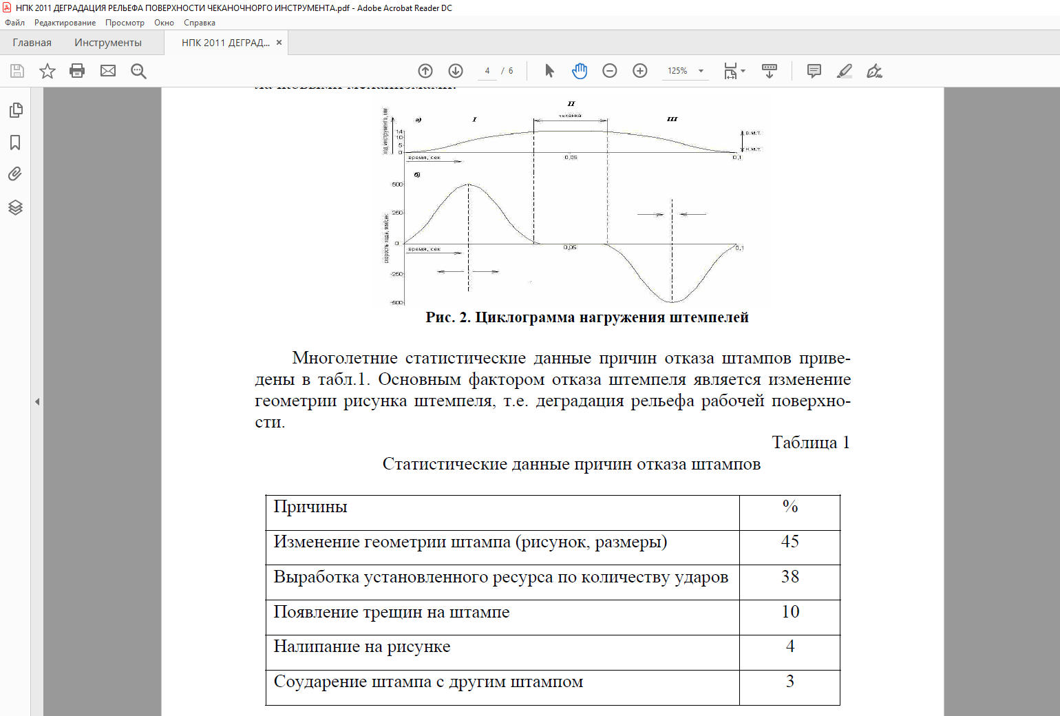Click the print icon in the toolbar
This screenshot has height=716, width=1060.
coord(77,71)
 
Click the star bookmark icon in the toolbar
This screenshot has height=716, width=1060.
coord(47,71)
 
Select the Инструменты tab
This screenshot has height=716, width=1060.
coord(108,43)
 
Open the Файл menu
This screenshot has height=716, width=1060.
coord(14,23)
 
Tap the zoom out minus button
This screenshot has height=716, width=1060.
coord(610,71)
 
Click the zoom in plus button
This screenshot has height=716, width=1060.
coord(640,71)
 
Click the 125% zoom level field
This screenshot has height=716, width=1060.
coord(678,71)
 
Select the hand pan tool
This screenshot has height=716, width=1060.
coord(580,71)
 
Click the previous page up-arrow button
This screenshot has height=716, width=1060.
coord(425,71)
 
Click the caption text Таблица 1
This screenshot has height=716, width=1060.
coord(810,442)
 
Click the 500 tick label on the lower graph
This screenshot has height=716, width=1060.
coord(397,185)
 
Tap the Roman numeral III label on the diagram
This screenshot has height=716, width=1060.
coord(672,119)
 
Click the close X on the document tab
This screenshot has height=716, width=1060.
coord(279,43)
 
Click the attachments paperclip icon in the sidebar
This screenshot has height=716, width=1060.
coord(15,174)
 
